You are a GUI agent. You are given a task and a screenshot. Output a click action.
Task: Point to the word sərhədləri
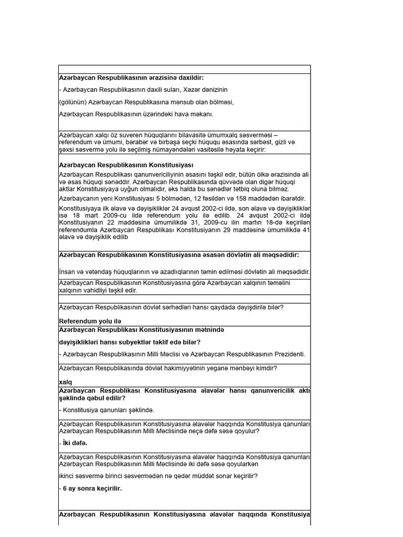coord(161,307)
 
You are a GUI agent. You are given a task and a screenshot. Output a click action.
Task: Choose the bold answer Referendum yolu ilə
coord(90,321)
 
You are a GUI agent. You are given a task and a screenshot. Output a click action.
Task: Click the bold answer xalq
coord(66,382)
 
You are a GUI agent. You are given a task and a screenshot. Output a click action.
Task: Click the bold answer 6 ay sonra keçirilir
coord(92,488)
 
